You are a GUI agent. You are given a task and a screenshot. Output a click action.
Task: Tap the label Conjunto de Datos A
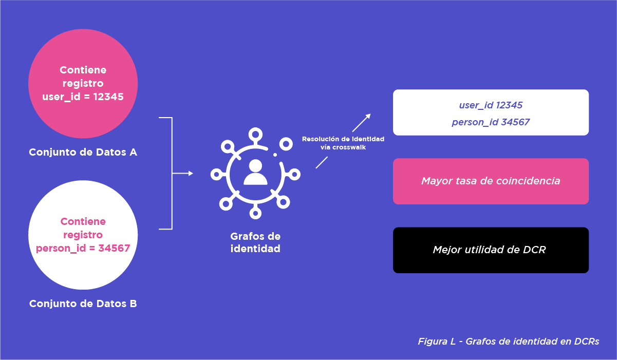coord(83,153)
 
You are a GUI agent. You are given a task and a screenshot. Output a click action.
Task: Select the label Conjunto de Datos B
coord(83,304)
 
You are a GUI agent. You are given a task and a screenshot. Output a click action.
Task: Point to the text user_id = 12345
coord(83,97)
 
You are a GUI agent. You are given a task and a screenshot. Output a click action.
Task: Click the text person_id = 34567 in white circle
coord(83,249)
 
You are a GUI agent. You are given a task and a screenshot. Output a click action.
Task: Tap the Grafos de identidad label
coord(255,242)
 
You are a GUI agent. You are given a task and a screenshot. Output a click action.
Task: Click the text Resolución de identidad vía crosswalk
coord(343,143)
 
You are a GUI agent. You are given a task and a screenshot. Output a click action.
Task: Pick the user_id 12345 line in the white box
coord(491,105)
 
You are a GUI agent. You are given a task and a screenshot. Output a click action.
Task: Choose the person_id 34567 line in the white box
coord(491,122)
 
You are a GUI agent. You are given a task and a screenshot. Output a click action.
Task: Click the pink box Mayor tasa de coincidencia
coord(491,181)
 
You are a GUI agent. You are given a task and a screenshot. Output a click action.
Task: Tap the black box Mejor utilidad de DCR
coord(491,250)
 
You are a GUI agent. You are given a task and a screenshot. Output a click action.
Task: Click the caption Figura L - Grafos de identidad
coord(508,342)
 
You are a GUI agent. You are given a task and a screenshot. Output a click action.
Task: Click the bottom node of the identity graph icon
coord(255,213)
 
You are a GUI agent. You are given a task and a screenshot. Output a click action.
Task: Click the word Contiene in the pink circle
coord(83,70)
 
